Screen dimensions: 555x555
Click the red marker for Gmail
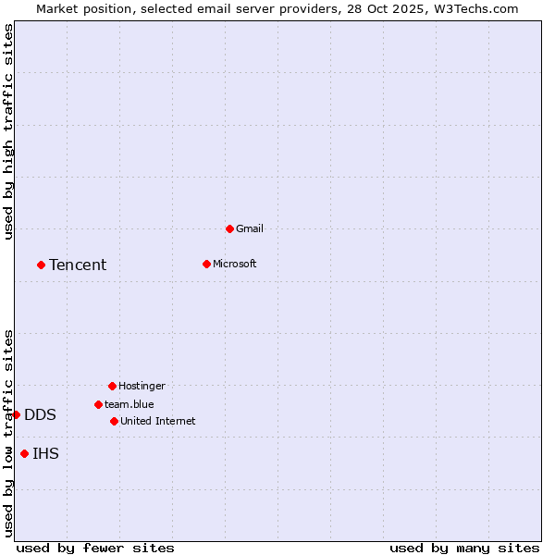[229, 228]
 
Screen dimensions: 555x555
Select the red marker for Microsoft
[206, 264]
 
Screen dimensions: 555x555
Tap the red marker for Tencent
[41, 265]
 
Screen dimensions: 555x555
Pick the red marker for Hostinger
[112, 386]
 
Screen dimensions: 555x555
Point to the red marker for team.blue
[98, 404]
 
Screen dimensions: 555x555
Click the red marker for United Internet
[114, 421]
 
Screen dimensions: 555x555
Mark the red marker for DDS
[16, 414]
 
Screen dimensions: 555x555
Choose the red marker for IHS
[24, 453]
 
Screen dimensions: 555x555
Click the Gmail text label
[250, 228]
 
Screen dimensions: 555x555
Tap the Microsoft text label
[235, 264]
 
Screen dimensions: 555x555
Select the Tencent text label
[78, 265]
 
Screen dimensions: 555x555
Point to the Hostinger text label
[142, 386]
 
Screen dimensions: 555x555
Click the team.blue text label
[129, 404]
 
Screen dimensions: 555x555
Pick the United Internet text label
[158, 421]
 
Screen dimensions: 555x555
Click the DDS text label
[40, 414]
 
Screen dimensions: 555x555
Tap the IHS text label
[45, 453]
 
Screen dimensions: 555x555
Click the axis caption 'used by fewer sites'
[95, 548]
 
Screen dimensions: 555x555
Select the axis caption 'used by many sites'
[464, 548]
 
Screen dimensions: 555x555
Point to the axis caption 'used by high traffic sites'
[8, 131]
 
